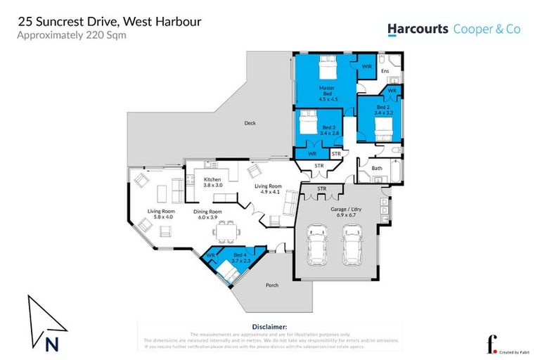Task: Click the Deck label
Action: pos(250,123)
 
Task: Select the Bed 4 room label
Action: pos(240,257)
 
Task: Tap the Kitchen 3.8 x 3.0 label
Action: pos(212,183)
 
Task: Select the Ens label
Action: pos(385,71)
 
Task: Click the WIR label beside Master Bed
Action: pos(366,66)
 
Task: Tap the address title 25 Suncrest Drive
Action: pos(109,21)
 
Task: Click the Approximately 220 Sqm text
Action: pos(72,35)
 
